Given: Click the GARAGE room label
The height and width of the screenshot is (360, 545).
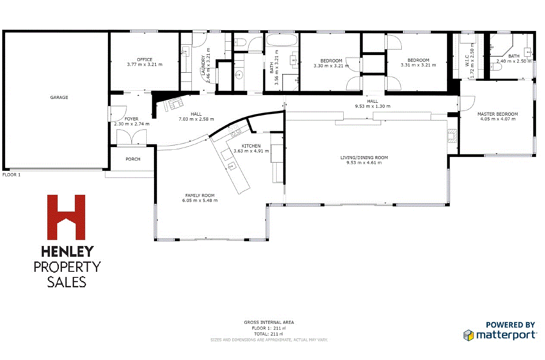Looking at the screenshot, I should point(59,98).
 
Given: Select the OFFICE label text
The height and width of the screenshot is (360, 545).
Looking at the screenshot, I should point(145,60).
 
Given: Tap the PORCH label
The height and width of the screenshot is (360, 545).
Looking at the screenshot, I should point(133,159).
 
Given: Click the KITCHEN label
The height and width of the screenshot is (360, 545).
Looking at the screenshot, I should point(251,146).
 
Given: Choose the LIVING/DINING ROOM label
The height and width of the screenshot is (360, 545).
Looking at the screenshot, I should point(364,157).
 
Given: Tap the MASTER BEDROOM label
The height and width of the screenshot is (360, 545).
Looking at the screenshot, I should point(497,114).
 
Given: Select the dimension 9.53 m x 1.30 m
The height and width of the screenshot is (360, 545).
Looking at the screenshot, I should point(373,106).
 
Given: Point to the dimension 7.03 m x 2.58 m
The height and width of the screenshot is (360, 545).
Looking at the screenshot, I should point(196,119).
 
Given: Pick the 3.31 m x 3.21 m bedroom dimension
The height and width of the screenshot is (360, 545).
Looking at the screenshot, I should point(418,65).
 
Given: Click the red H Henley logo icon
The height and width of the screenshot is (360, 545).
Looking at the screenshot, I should point(66,217).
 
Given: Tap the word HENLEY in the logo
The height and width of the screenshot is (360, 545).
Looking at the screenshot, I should point(67,252).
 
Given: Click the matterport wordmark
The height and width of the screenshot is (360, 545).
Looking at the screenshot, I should point(506,334).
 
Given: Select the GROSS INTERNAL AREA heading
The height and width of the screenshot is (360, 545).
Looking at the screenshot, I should point(269,322).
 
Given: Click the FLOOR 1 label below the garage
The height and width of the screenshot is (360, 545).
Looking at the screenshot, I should point(12,175).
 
